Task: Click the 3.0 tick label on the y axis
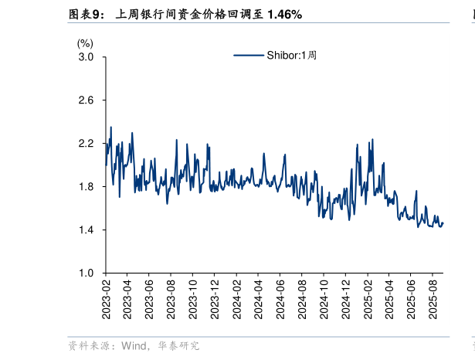86,57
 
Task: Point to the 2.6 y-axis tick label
86,100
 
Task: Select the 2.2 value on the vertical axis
86,144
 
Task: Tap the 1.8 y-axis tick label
86,187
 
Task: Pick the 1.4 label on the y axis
86,230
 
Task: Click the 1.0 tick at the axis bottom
86,273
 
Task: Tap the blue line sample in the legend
249,55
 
